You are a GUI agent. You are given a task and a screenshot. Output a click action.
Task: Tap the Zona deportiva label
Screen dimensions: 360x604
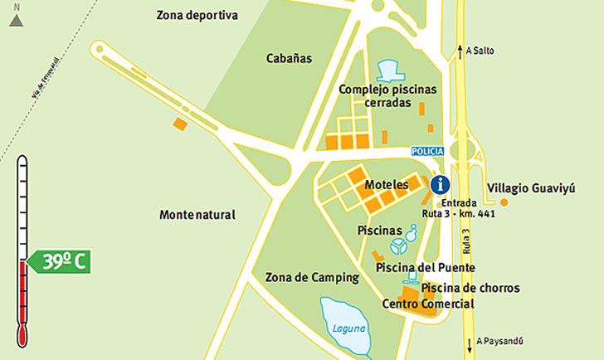click(197, 15)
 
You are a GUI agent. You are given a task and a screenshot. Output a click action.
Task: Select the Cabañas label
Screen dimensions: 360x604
click(289, 59)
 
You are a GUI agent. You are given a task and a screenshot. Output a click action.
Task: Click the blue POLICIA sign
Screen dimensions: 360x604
click(428, 151)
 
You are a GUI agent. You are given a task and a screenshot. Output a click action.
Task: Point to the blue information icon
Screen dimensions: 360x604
click(441, 184)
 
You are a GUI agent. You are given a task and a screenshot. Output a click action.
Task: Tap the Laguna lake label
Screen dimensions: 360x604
click(348, 328)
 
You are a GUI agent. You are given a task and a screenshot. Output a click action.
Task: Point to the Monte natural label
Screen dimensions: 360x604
click(197, 215)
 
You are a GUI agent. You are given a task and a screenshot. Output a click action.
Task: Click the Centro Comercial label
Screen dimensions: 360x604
click(428, 304)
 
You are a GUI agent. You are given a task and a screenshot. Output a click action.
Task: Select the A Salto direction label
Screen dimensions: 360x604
click(480, 51)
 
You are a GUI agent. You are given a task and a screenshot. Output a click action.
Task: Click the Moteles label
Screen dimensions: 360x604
click(387, 185)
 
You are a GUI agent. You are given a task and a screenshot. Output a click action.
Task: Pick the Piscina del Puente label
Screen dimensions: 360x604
click(426, 268)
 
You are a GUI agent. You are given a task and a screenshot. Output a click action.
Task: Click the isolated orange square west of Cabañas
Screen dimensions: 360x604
click(179, 124)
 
